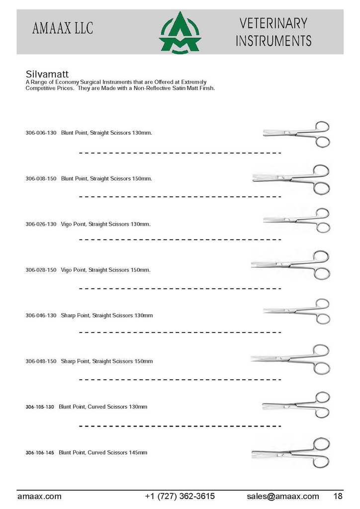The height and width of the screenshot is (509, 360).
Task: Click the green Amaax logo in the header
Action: pyautogui.click(x=180, y=33)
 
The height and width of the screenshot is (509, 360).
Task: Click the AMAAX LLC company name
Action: pyautogui.click(x=63, y=28)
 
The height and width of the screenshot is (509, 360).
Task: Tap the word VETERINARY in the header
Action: pyautogui.click(x=273, y=23)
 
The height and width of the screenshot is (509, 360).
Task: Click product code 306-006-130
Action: pyautogui.click(x=41, y=133)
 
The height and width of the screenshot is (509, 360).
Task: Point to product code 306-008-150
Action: pyautogui.click(x=41, y=178)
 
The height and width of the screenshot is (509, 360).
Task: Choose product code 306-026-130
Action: pyautogui.click(x=41, y=224)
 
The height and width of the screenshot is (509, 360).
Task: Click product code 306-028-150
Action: pyautogui.click(x=41, y=270)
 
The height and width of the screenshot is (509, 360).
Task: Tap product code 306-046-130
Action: pyautogui.click(x=41, y=316)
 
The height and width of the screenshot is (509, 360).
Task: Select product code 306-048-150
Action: pyautogui.click(x=41, y=361)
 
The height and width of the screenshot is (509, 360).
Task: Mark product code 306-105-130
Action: pyautogui.click(x=40, y=407)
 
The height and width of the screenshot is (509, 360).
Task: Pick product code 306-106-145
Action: pyautogui.click(x=40, y=453)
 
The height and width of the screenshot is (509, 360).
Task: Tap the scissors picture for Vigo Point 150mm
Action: pyautogui.click(x=290, y=265)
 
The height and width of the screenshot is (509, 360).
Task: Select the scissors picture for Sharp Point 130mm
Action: pyautogui.click(x=296, y=312)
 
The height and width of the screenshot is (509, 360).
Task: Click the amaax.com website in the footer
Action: pyautogui.click(x=39, y=496)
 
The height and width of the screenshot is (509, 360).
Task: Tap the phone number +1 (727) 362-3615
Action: pyautogui.click(x=180, y=496)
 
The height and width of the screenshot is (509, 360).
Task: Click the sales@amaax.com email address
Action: pyautogui.click(x=283, y=496)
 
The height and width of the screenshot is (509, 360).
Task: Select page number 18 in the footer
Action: pyautogui.click(x=338, y=496)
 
